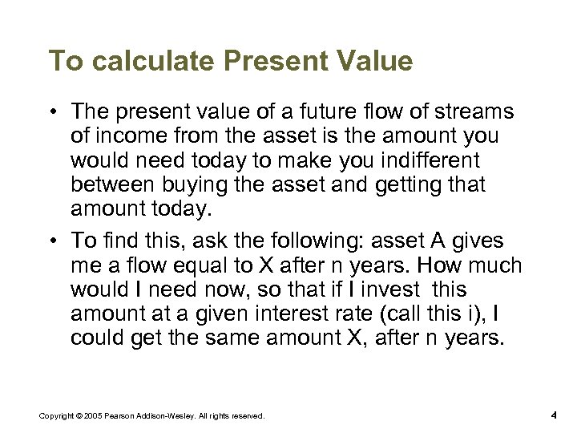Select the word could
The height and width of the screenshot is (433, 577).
(94, 338)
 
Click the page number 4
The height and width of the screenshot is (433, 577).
(554, 415)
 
